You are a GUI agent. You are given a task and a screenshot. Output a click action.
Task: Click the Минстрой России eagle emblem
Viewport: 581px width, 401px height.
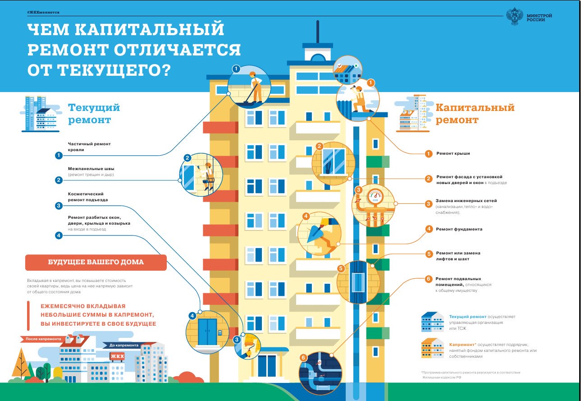click(x=515, y=16)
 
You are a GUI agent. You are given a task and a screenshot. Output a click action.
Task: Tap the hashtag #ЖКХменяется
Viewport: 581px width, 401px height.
click(x=43, y=12)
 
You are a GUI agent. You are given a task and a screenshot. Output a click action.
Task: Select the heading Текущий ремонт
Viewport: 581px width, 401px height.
click(x=94, y=114)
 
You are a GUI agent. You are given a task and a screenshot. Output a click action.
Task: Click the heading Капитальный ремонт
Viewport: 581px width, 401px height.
click(x=475, y=114)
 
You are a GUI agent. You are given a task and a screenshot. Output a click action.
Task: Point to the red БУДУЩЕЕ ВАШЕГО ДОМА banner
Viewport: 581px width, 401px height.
click(x=96, y=263)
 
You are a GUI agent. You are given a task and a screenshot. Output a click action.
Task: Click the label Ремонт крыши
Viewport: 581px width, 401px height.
click(x=453, y=153)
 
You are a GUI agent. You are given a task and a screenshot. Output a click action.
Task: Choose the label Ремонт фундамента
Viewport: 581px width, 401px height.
click(x=459, y=229)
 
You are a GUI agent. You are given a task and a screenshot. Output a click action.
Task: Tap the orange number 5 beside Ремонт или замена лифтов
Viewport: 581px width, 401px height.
click(x=429, y=254)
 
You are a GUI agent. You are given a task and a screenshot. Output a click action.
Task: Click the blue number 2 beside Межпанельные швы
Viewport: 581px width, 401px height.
click(x=59, y=180)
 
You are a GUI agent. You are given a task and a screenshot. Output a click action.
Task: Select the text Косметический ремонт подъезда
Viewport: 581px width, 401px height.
click(x=88, y=197)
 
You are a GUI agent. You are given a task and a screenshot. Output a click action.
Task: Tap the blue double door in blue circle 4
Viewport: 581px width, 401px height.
click(x=207, y=332)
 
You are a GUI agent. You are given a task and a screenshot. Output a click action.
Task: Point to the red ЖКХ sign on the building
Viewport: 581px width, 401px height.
click(x=117, y=356)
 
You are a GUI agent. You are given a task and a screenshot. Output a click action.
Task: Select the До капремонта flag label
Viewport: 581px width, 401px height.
click(x=123, y=345)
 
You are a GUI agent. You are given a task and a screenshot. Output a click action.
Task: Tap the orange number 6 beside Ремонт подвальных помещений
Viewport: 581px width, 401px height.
click(x=429, y=279)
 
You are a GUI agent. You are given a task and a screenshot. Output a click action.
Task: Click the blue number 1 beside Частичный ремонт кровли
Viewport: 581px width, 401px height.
click(x=59, y=156)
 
